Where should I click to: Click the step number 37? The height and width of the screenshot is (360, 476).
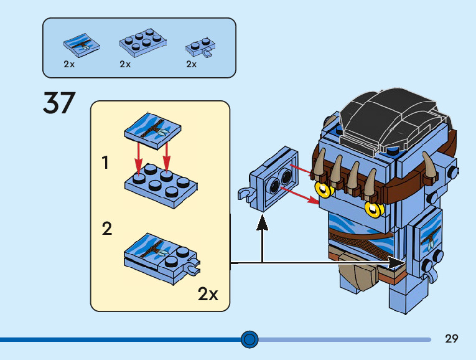pyautogui.click(x=59, y=103)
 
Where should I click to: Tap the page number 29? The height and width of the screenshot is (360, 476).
pyautogui.click(x=452, y=339)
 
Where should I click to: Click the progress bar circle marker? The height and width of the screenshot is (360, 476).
pyautogui.click(x=250, y=339)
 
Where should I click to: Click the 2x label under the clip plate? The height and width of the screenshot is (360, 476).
pyautogui.click(x=191, y=64)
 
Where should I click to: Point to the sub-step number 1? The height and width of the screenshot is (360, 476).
pyautogui.click(x=106, y=163)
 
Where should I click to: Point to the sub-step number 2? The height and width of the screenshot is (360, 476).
pyautogui.click(x=107, y=229)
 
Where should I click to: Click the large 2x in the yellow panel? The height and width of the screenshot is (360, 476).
pyautogui.click(x=208, y=294)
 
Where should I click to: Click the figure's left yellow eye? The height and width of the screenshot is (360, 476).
pyautogui.click(x=324, y=190)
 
